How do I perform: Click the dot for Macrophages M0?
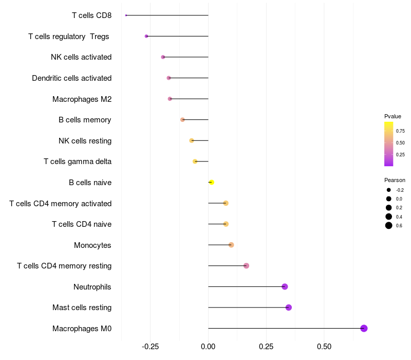pyautogui.click(x=364, y=328)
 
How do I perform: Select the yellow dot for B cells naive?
pyautogui.click(x=212, y=182)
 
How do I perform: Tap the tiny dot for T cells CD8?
pyautogui.click(x=126, y=15)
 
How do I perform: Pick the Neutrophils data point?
pyautogui.click(x=285, y=286)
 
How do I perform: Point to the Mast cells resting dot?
pyautogui.click(x=288, y=307)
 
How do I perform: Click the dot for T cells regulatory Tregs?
pyautogui.click(x=146, y=36)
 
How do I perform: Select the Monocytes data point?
pyautogui.click(x=231, y=245)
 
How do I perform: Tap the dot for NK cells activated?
pyautogui.click(x=163, y=57)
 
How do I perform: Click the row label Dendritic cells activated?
pyautogui.click(x=71, y=78)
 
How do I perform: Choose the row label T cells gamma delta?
pyautogui.click(x=78, y=161)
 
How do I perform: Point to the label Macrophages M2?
pyautogui.click(x=82, y=99)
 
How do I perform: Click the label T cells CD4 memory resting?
pyautogui.click(x=64, y=266)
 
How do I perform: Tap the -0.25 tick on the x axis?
pyautogui.click(x=150, y=347)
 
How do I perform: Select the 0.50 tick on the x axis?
pyautogui.click(x=324, y=347)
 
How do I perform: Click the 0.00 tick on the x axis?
pyautogui.click(x=208, y=347)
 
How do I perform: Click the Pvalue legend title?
pyautogui.click(x=393, y=116)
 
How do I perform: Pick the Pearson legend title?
pyautogui.click(x=395, y=180)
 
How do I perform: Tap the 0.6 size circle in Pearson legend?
pyautogui.click(x=389, y=225)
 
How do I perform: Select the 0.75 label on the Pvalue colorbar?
pyautogui.click(x=400, y=131)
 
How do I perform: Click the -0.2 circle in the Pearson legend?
pyautogui.click(x=389, y=190)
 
